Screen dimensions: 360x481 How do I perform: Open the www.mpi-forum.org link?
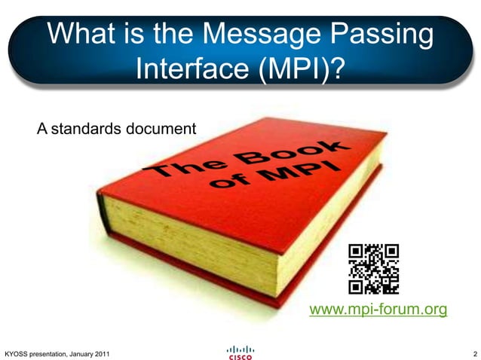click(x=379, y=310)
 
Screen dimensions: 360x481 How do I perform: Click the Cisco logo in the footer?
click(x=240, y=352)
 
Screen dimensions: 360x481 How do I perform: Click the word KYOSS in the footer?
click(x=16, y=354)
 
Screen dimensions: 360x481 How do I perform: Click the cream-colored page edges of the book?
click(x=188, y=226)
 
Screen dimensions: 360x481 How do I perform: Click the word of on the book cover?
click(x=231, y=183)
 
